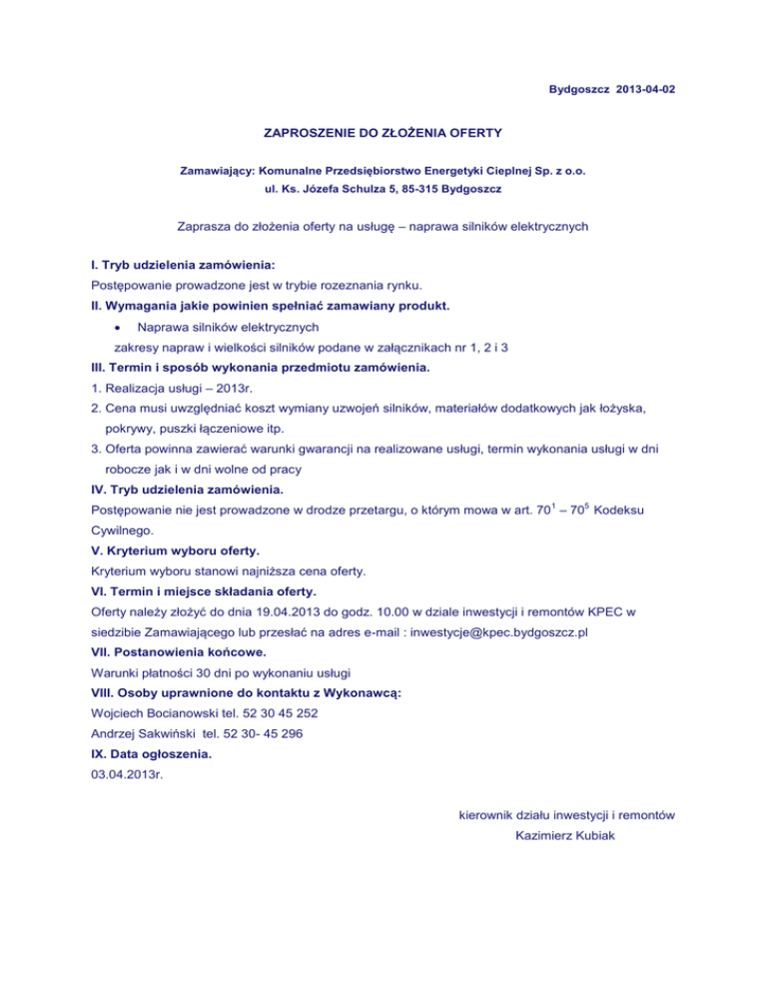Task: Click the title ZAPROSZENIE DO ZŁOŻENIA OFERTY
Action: [x=383, y=131]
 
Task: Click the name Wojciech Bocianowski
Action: [x=145, y=715]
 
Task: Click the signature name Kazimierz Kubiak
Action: [x=562, y=838]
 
